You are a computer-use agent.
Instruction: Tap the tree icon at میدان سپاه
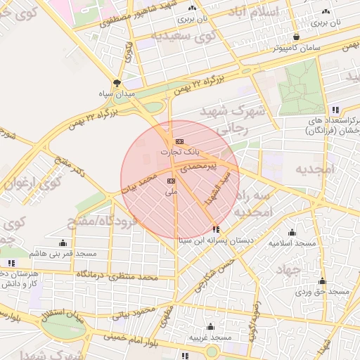(x=117, y=82)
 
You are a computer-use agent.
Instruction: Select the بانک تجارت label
(x=179, y=151)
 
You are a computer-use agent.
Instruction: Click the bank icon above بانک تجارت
(x=179, y=141)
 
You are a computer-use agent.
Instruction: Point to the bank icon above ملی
(x=171, y=181)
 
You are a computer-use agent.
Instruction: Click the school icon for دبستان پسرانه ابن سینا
(x=215, y=229)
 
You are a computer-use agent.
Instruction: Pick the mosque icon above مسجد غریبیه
(x=210, y=327)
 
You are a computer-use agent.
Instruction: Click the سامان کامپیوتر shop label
(x=299, y=48)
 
